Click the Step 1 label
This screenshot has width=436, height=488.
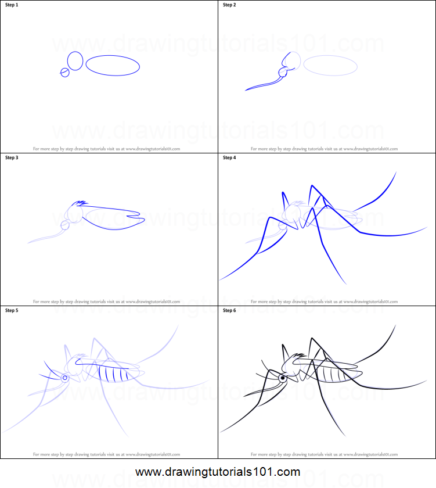click(x=12, y=5)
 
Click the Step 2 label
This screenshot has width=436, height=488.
click(x=229, y=5)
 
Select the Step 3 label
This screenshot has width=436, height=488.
click(x=12, y=157)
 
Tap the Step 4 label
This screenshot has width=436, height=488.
click(x=229, y=157)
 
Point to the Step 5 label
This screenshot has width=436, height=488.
click(x=12, y=310)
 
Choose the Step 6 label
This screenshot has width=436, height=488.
click(x=229, y=310)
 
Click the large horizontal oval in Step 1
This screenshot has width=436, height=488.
click(x=113, y=66)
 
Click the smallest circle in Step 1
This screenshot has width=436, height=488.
click(x=64, y=72)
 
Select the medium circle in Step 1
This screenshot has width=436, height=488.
click(x=75, y=60)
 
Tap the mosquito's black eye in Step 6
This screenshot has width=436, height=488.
click(x=283, y=378)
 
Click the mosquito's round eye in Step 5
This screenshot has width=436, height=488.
click(x=65, y=378)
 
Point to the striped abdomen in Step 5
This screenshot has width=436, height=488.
click(x=117, y=372)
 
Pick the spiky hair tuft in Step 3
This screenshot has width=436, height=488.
click(x=80, y=204)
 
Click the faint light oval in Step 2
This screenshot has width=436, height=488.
click(x=330, y=66)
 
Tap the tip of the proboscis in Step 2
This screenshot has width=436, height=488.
click(x=247, y=89)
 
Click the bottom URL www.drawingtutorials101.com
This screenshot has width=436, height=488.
click(x=218, y=472)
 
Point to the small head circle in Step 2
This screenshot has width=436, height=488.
click(x=284, y=72)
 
